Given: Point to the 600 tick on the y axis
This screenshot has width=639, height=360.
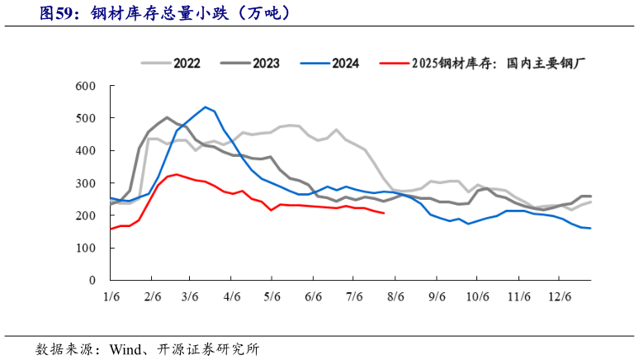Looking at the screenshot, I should pyautogui.click(x=85, y=87).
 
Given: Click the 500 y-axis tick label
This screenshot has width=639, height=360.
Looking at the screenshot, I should pyautogui.click(x=85, y=119).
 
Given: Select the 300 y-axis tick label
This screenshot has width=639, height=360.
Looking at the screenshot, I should pyautogui.click(x=85, y=183).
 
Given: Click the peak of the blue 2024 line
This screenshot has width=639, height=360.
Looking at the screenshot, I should pyautogui.click(x=206, y=107).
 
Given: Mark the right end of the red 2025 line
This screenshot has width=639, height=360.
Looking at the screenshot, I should pyautogui.click(x=383, y=213).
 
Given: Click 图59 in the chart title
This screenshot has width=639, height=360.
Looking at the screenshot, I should pyautogui.click(x=59, y=13).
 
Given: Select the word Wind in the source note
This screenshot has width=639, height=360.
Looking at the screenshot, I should pyautogui.click(x=125, y=348).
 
